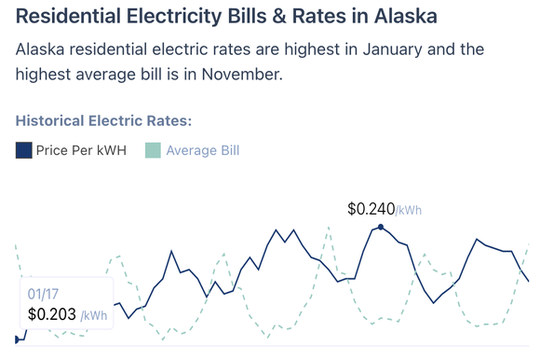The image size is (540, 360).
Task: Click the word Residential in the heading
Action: (71, 17)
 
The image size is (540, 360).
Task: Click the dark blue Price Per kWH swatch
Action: (24, 150)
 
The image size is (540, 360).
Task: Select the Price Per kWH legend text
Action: (81, 150)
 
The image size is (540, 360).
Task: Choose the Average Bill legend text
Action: (203, 150)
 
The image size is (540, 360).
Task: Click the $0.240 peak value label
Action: (370, 209)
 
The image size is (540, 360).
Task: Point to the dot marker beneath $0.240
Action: (380, 227)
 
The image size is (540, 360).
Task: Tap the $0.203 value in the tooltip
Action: (52, 315)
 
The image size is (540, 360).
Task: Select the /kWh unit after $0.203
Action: (93, 316)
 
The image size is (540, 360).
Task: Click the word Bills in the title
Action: (247, 17)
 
